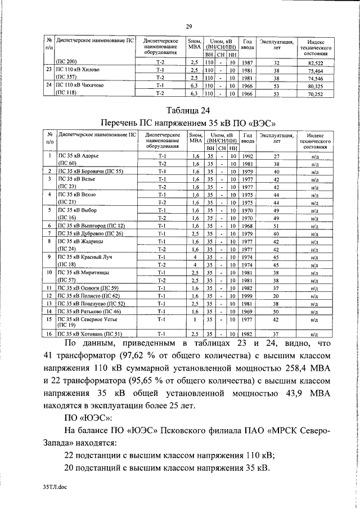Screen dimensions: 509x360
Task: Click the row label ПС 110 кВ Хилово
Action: pyautogui.click(x=76, y=70)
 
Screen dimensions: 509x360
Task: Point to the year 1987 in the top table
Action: pyautogui.click(x=247, y=63)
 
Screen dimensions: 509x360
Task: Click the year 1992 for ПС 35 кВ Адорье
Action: pyautogui.click(x=247, y=156)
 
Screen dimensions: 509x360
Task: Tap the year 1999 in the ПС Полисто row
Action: pyautogui.click(x=247, y=296)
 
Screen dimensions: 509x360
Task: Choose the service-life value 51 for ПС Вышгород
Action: pyautogui.click(x=276, y=226)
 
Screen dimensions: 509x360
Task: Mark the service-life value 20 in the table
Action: pyautogui.click(x=276, y=296)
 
